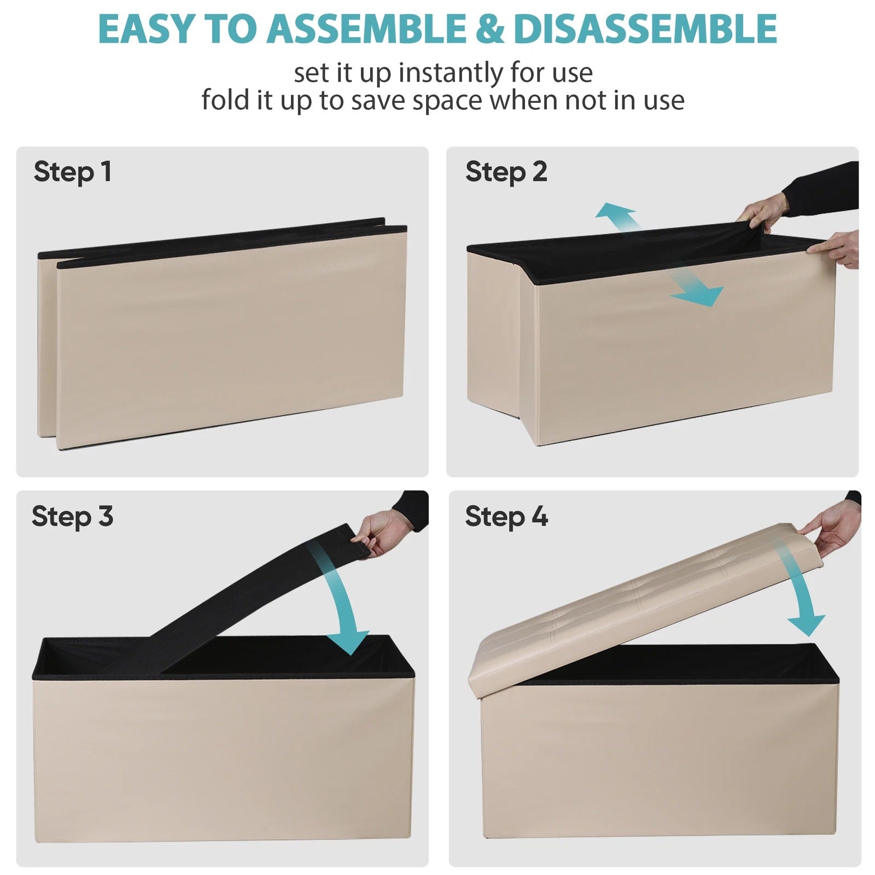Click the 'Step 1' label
73,172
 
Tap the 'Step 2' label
506,172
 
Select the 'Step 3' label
73,517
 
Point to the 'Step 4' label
506,517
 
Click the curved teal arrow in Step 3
339,596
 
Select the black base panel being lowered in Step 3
257,602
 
